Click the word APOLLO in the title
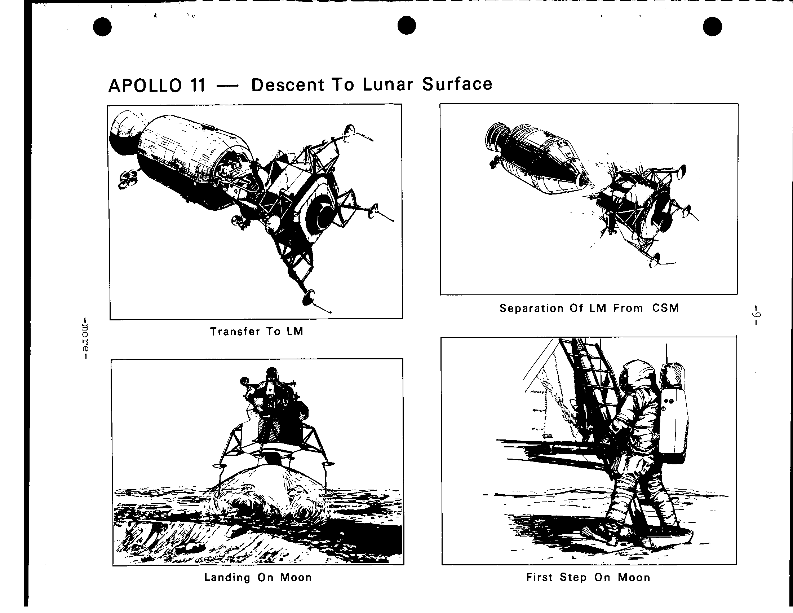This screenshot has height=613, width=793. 145,86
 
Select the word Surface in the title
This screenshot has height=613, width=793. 457,84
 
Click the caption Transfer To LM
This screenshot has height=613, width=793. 256,331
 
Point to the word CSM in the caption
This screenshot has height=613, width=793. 665,308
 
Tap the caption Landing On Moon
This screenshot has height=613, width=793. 258,577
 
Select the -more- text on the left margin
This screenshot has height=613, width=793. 85,339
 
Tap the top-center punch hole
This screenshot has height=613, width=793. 407,25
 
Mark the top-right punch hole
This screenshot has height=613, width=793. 712,27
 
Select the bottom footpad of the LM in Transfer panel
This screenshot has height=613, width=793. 309,297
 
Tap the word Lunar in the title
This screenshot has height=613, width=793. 388,84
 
